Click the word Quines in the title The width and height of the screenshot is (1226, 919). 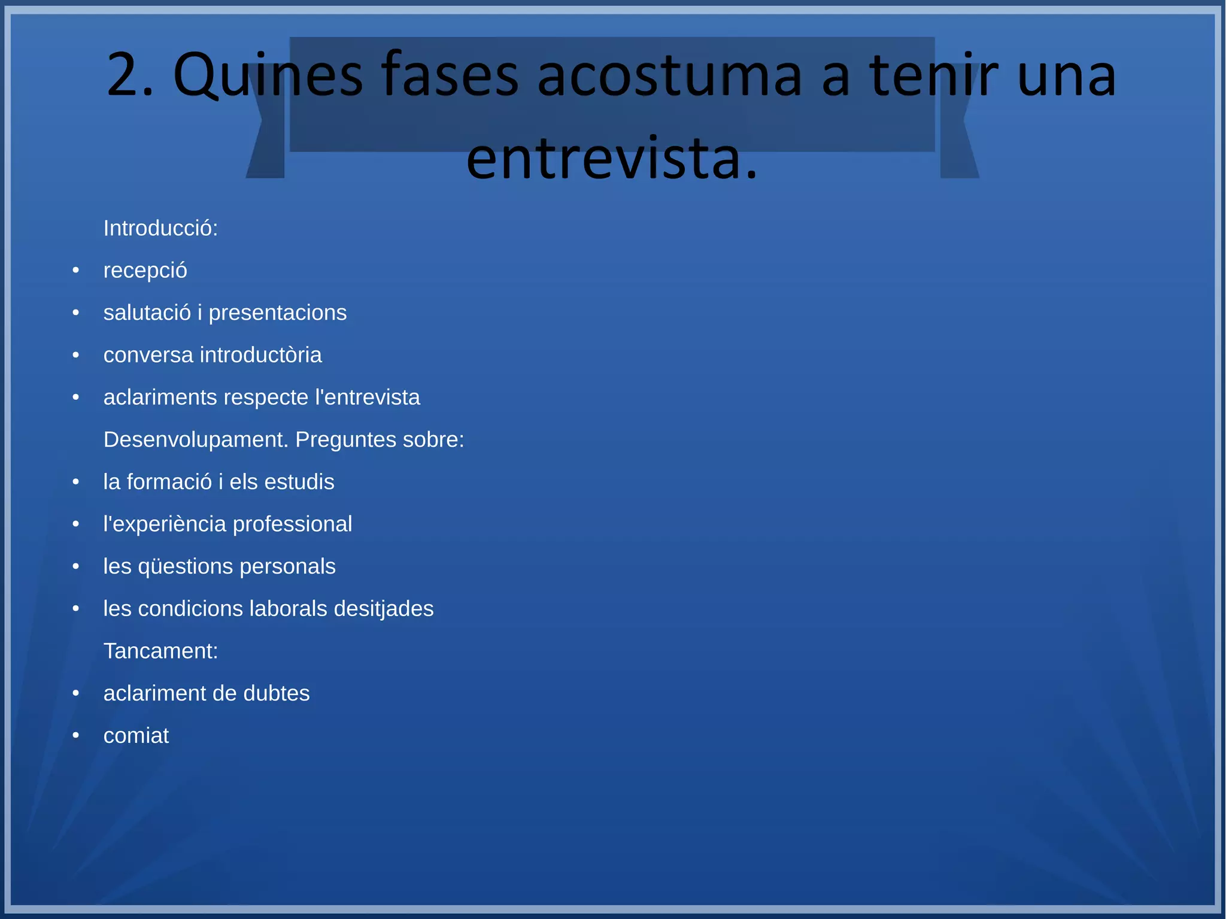pyautogui.click(x=268, y=76)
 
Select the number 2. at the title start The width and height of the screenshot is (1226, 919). pyautogui.click(x=130, y=76)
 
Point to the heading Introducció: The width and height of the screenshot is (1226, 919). pyautogui.click(x=160, y=228)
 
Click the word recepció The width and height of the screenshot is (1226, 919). pyautogui.click(x=145, y=271)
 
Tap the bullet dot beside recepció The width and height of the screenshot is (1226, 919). pyautogui.click(x=76, y=271)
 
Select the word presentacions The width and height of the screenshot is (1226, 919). pyautogui.click(x=277, y=313)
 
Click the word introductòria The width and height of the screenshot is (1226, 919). pyautogui.click(x=260, y=355)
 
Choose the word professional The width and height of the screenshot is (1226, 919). pyautogui.click(x=292, y=524)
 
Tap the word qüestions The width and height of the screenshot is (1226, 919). pyautogui.click(x=185, y=566)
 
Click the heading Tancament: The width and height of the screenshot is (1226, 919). pyautogui.click(x=160, y=651)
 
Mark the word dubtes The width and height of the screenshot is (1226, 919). pyautogui.click(x=276, y=693)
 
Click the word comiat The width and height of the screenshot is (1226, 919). pyautogui.click(x=136, y=736)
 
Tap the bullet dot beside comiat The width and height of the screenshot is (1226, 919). pyautogui.click(x=76, y=736)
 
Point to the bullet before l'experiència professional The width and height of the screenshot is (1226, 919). pyautogui.click(x=76, y=524)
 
